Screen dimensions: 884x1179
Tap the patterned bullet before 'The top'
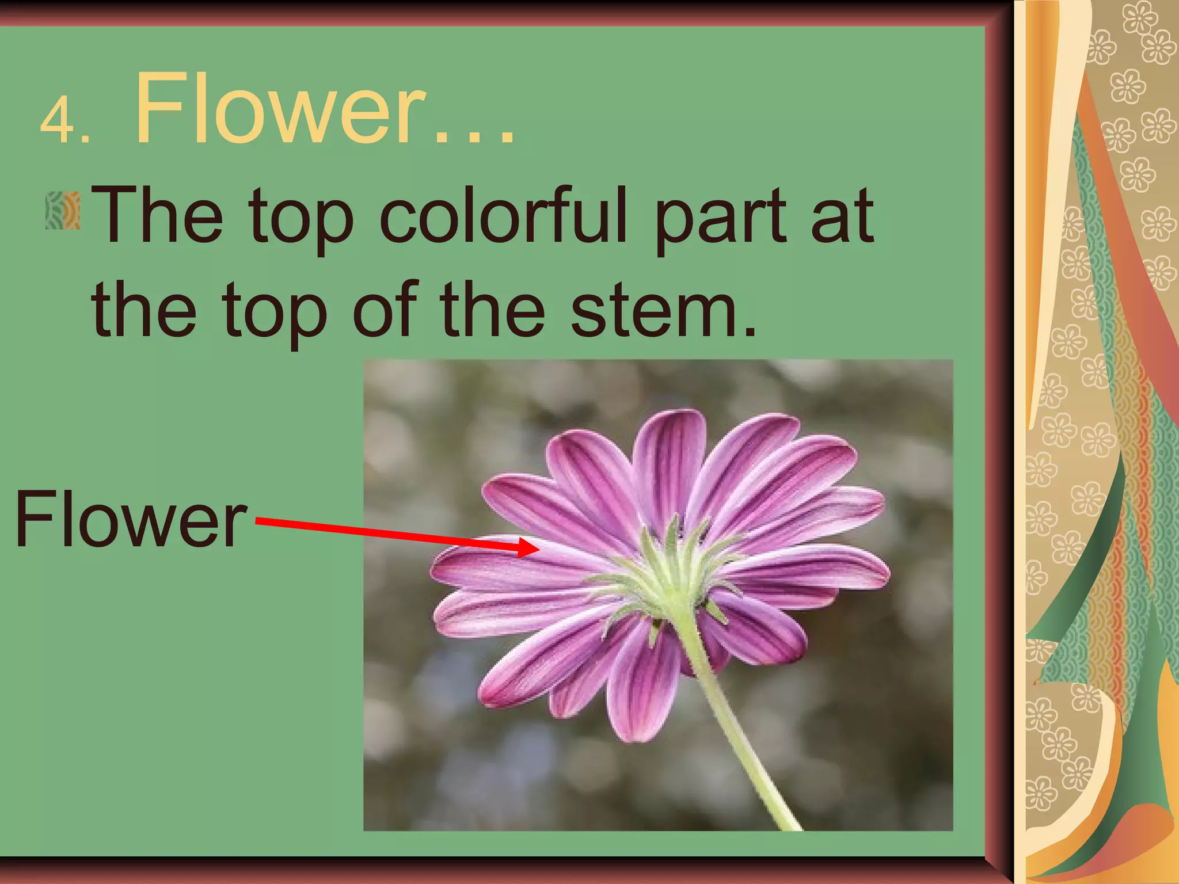[62, 211]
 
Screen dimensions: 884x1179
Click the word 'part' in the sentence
[720, 219]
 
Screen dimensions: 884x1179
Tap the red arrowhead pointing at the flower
[527, 547]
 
